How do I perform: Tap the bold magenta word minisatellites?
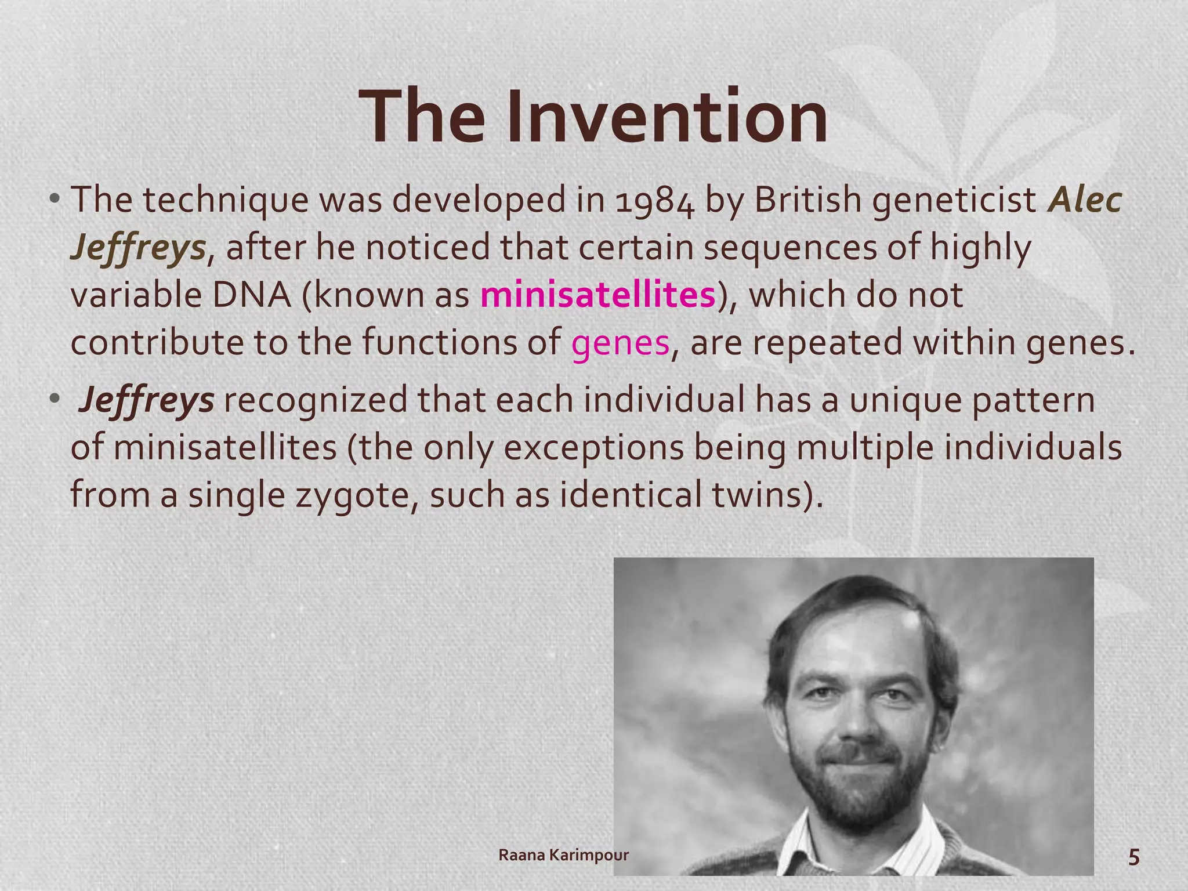597,295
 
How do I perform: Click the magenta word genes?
620,343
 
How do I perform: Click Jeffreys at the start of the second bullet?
147,401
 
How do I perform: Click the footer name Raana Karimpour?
563,855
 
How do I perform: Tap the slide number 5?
1133,857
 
